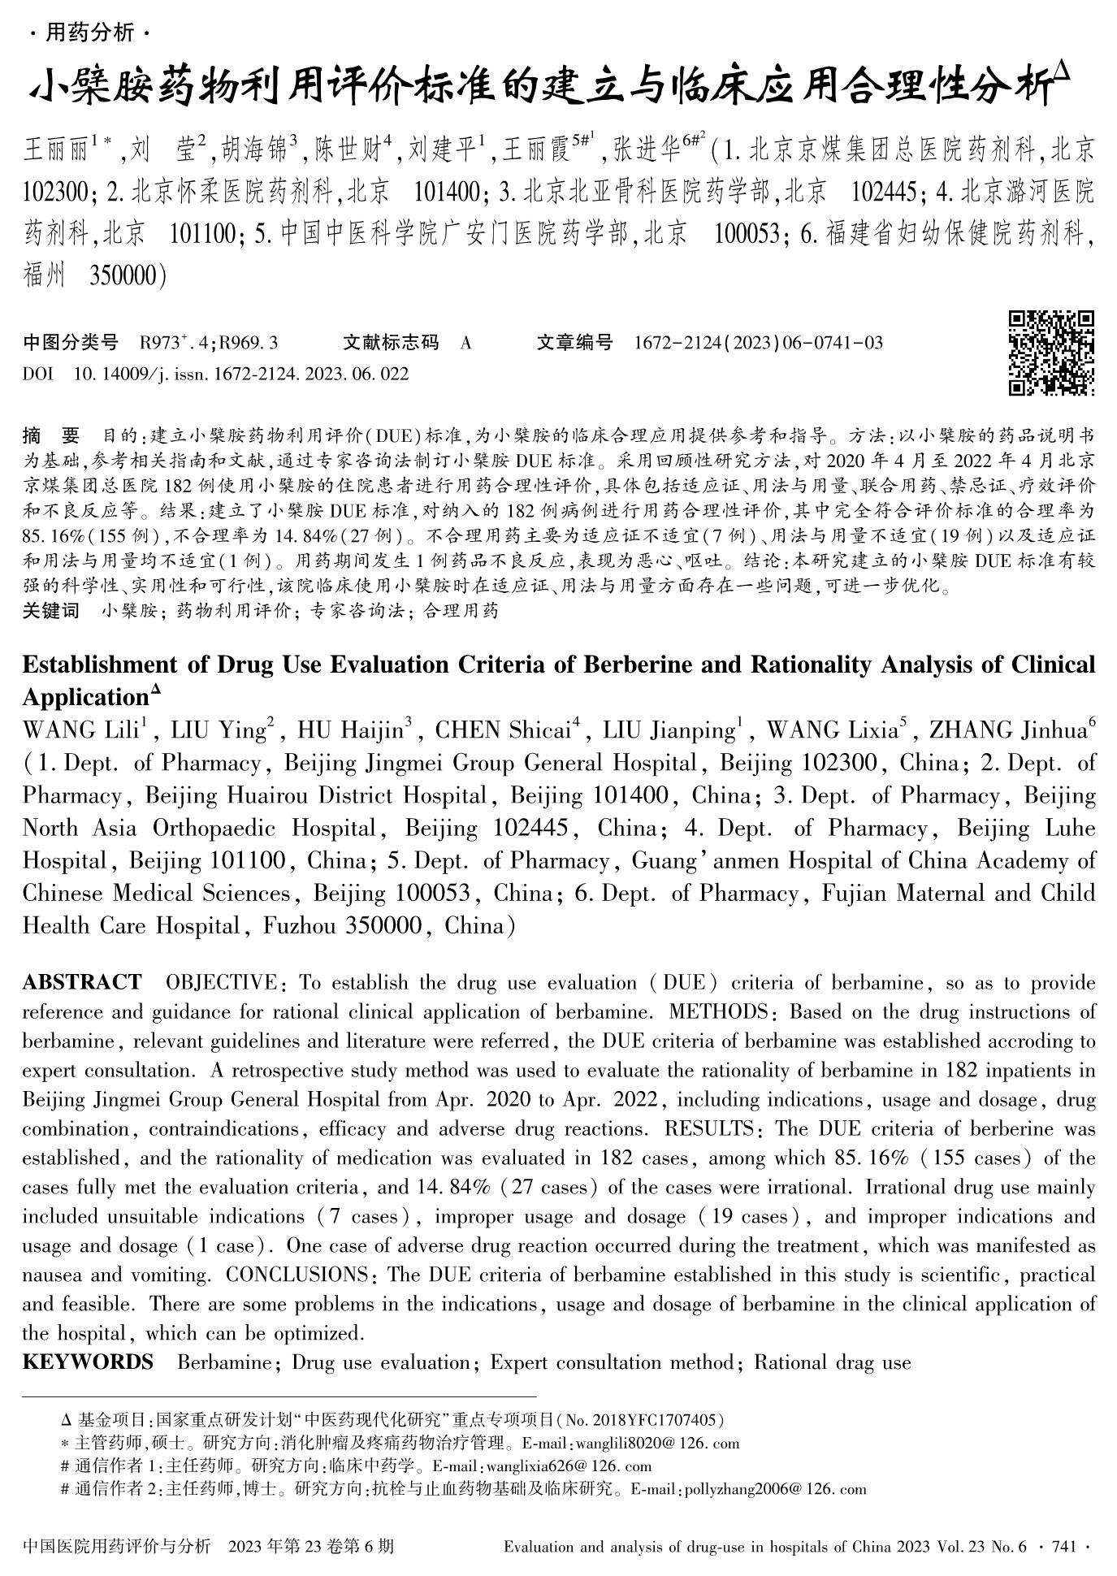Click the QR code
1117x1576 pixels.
coord(1051,353)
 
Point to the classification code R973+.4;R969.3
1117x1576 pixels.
coord(209,343)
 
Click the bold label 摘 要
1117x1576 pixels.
coord(50,435)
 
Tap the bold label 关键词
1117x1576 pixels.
coord(50,611)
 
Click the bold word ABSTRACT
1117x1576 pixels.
coord(81,982)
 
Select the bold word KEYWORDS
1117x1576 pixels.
coord(88,1362)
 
